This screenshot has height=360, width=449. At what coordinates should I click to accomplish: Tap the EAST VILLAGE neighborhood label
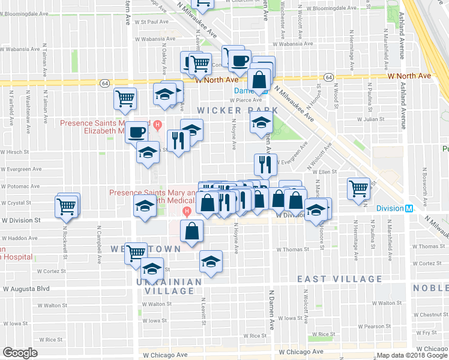click(x=340, y=279)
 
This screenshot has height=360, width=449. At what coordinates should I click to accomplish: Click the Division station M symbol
click(x=409, y=209)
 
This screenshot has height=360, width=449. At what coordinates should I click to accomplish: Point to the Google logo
click(x=20, y=353)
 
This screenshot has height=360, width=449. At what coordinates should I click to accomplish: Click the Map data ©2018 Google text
click(x=412, y=355)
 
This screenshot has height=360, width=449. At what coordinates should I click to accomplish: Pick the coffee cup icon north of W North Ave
click(x=240, y=59)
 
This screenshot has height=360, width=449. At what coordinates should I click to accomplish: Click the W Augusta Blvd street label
click(x=26, y=289)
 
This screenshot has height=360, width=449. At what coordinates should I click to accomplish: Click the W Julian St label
click(x=370, y=119)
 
